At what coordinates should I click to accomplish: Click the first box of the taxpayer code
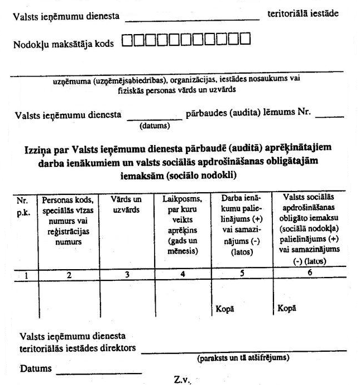(126, 40)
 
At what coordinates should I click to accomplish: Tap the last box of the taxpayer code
(245, 40)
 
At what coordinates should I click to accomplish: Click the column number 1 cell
(24, 274)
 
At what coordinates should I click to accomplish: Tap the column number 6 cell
(308, 274)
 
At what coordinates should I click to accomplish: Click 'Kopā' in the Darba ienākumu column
(223, 308)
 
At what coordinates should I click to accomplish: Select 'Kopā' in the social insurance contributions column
(286, 308)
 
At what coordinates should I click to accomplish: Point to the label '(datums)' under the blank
(154, 126)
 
